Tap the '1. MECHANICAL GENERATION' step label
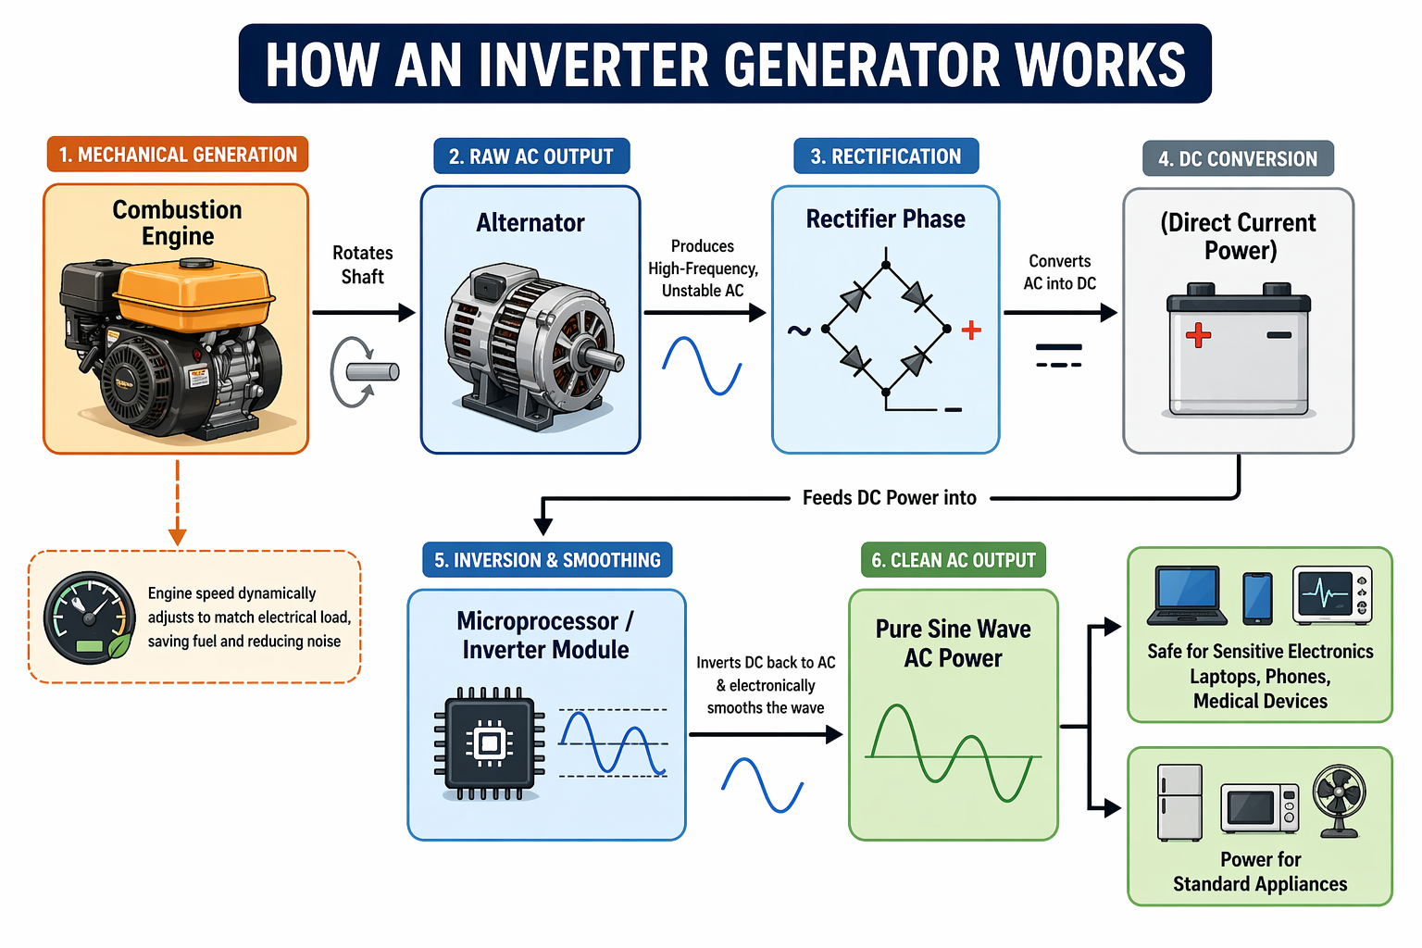click(178, 155)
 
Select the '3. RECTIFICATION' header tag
click(886, 156)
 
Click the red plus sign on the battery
click(1198, 335)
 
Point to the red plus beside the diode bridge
click(971, 331)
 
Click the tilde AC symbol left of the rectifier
click(798, 331)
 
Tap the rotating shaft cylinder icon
click(372, 372)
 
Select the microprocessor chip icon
click(490, 742)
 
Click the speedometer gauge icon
click(89, 617)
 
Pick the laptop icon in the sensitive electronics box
click(1187, 596)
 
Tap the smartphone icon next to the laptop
click(1257, 598)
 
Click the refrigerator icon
click(1179, 802)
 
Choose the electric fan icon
click(1339, 799)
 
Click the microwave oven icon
click(1259, 808)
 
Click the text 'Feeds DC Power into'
click(889, 498)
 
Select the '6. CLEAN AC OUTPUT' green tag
click(953, 560)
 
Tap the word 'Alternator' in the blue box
click(530, 223)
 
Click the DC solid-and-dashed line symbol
click(1058, 355)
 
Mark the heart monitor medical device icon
click(1331, 594)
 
